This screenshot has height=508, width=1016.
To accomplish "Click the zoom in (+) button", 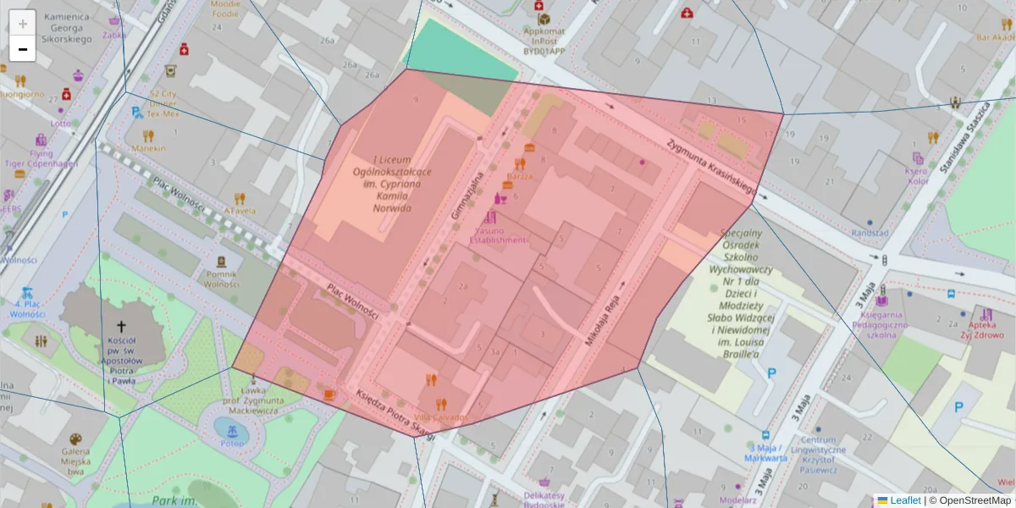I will (23, 23).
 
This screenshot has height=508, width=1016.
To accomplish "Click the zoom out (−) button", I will (23, 49).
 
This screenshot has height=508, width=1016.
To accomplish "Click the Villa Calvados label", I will (440, 417).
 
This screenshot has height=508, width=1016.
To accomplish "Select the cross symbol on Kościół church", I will (120, 326).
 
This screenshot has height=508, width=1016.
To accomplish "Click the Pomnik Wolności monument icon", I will (221, 262).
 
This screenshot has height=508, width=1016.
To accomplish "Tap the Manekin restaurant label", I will (148, 148).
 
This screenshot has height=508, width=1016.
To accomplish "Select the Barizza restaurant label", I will (520, 176).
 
